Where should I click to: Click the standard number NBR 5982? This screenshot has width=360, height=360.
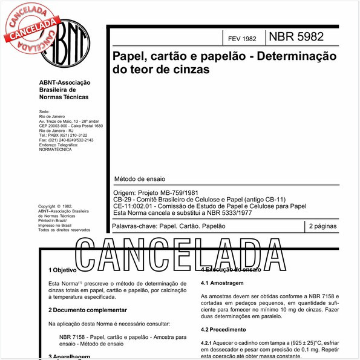click(297, 36)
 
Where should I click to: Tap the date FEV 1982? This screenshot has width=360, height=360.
click(242, 39)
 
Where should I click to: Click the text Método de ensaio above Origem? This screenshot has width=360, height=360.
click(139, 180)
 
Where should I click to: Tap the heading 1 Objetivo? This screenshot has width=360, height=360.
click(62, 270)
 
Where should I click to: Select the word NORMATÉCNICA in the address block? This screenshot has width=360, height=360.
click(56, 149)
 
